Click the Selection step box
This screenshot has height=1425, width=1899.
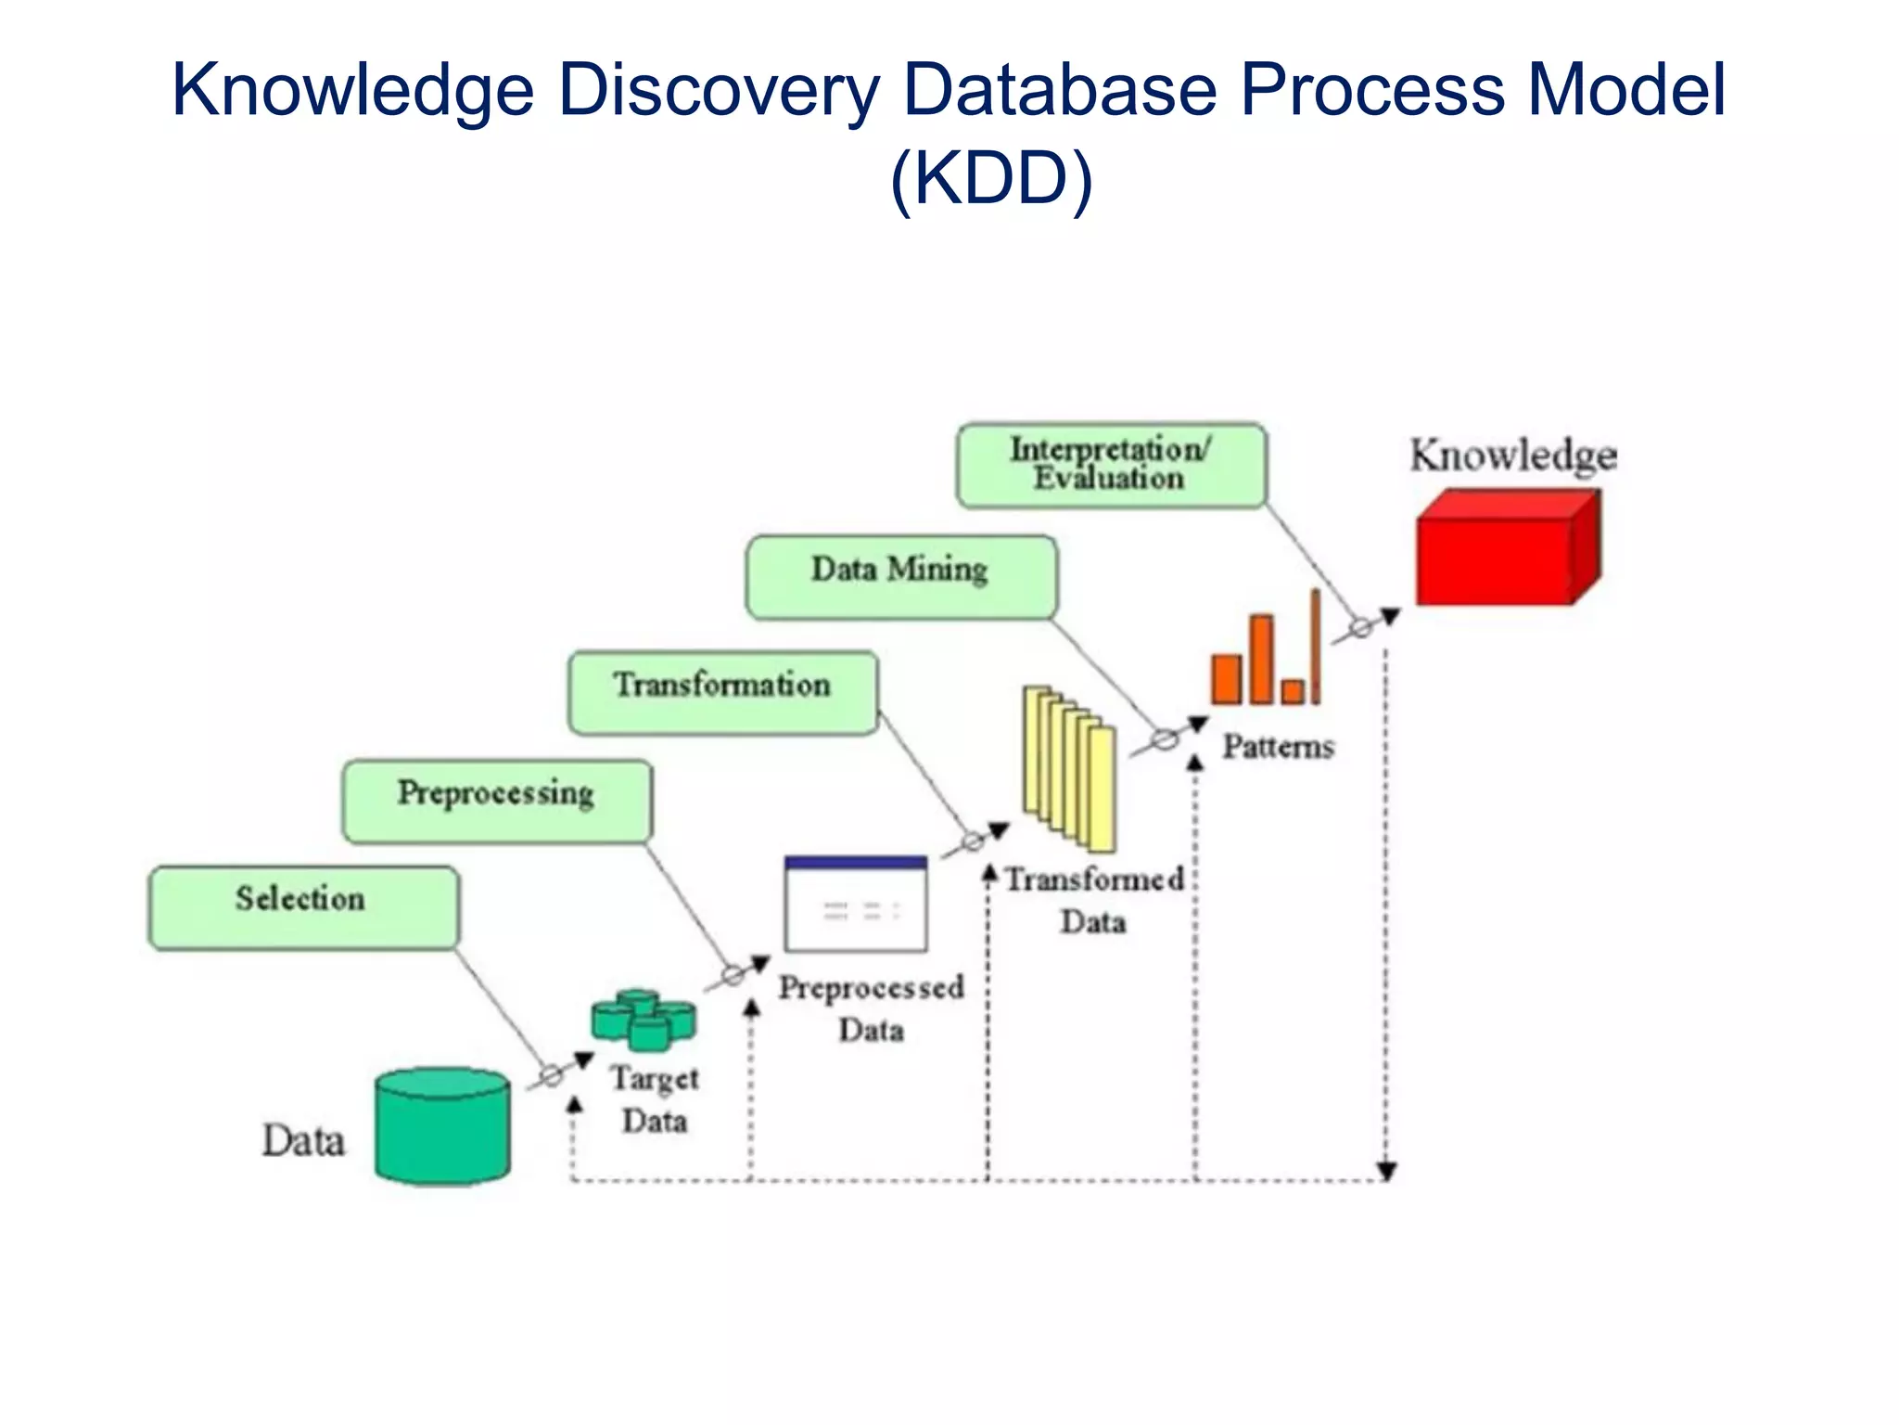click(x=303, y=907)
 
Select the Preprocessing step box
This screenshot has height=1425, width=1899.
click(x=497, y=802)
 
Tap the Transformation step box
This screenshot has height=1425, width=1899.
click(x=723, y=692)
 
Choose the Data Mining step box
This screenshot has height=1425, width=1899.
click(x=900, y=576)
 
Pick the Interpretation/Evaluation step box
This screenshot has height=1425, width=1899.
click(x=1111, y=465)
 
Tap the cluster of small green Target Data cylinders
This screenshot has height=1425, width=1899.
click(x=644, y=1020)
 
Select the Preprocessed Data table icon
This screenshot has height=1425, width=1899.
click(x=855, y=904)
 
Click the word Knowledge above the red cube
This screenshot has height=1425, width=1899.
click(x=1513, y=456)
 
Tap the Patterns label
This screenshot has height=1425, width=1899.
click(x=1278, y=747)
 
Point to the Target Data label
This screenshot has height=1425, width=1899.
click(x=655, y=1099)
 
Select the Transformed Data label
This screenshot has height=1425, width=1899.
click(x=1094, y=900)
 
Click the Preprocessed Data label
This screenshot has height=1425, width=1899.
click(x=871, y=1008)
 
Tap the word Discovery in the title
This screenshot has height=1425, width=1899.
click(x=717, y=90)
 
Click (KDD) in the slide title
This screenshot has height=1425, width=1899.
click(x=991, y=178)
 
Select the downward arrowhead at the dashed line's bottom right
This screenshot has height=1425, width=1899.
click(x=1386, y=1172)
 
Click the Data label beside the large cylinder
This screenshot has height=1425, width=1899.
click(x=303, y=1140)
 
